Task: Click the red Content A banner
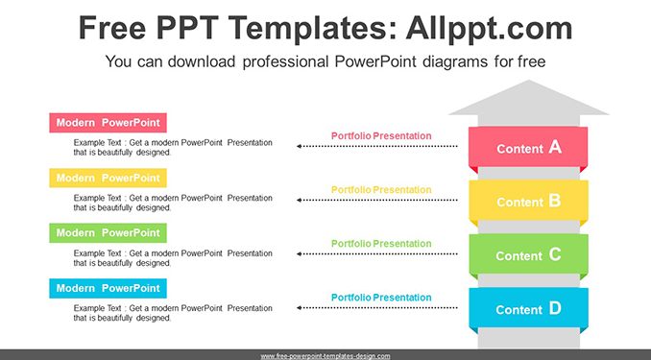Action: (528, 148)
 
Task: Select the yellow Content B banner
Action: (528, 202)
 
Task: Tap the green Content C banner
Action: (528, 255)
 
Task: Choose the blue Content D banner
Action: (528, 309)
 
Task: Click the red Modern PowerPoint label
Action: (108, 123)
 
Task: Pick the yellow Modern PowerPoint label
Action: (108, 179)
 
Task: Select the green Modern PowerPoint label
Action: (108, 233)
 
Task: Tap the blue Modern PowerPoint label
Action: (108, 288)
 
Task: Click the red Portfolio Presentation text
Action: (381, 135)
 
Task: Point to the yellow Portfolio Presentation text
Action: (381, 190)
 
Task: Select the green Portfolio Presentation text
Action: (381, 244)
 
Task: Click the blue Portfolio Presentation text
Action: (381, 298)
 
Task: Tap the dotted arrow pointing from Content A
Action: (377, 146)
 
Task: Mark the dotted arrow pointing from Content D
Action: (377, 308)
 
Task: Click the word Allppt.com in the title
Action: (489, 28)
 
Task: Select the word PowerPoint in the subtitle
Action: (375, 61)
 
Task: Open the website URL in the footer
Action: (325, 356)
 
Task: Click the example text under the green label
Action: (173, 258)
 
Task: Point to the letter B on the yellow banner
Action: (555, 201)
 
